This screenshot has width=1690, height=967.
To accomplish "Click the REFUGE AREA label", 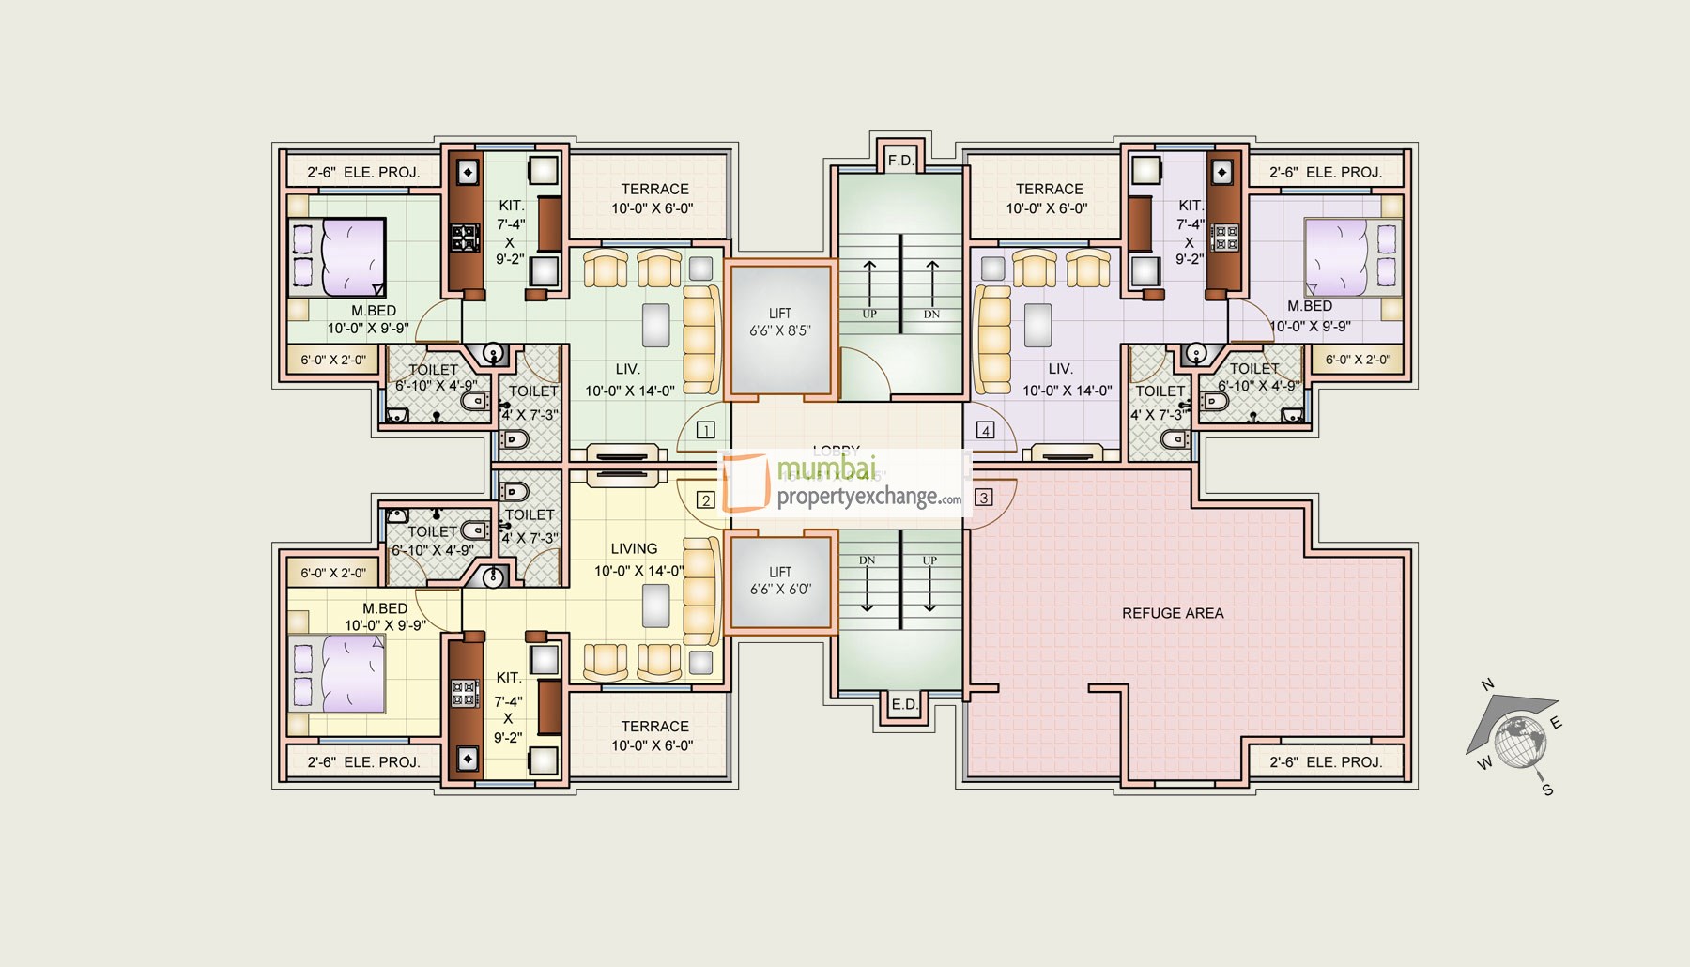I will [x=1173, y=613].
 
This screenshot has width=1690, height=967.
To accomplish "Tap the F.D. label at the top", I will [x=900, y=161].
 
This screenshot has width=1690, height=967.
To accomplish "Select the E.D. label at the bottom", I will [x=904, y=704].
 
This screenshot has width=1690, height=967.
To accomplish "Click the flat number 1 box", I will [x=706, y=430].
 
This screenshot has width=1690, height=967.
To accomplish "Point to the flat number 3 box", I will [x=984, y=498].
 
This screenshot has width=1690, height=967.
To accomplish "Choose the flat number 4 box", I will [x=985, y=430].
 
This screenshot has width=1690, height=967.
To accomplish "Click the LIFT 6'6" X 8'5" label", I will [x=780, y=322].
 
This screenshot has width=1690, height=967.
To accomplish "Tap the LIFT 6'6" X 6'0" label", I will [x=780, y=580].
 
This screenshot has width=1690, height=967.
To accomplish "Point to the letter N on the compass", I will [x=1487, y=684].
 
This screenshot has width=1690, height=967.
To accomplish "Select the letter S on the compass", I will [x=1547, y=790].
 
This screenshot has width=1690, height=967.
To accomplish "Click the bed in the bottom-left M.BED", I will [x=338, y=674].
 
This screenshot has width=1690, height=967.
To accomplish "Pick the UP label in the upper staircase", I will [x=869, y=314].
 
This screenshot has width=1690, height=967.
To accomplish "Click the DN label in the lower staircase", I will [x=867, y=560].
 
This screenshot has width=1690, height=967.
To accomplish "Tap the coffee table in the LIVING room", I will [x=655, y=606].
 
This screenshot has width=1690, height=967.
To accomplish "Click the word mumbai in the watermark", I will [x=826, y=467].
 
